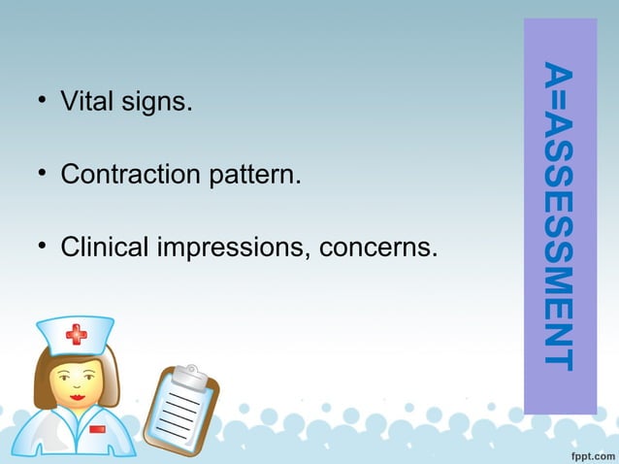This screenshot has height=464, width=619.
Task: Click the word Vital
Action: tap(84, 101)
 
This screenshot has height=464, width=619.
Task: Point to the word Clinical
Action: tap(104, 248)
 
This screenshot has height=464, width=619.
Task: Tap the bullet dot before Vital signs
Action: tap(42, 101)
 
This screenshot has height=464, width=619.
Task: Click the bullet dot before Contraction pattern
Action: tap(42, 175)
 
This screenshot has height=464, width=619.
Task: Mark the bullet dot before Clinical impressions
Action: tap(42, 248)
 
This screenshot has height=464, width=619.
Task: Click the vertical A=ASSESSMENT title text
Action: tap(559, 215)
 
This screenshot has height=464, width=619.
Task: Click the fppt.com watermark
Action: tap(585, 451)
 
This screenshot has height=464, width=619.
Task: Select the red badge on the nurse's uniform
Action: tap(97, 428)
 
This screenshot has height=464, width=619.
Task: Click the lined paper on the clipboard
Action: tap(181, 413)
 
